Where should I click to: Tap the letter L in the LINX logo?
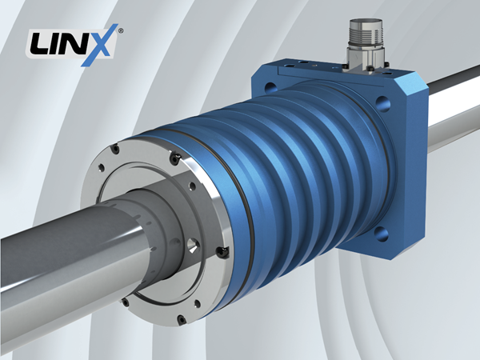(x=39, y=44)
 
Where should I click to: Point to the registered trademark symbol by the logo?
(x=121, y=30)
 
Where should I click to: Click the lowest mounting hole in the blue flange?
(x=381, y=234)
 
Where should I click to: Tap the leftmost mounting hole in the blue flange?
(x=271, y=88)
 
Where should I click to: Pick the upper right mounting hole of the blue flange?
(x=382, y=103)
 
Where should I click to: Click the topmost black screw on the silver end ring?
(x=115, y=149)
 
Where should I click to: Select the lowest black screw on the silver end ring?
(x=182, y=320)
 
